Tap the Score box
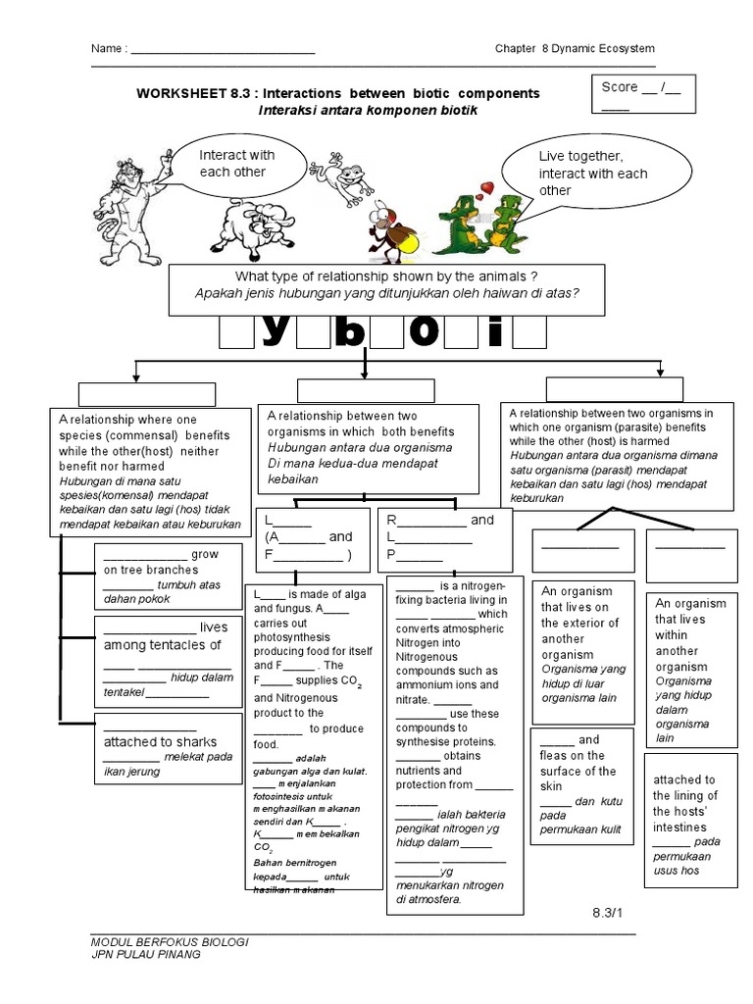(x=640, y=96)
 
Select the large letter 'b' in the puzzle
(x=348, y=332)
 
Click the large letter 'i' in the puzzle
(x=494, y=332)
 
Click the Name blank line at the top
(x=223, y=50)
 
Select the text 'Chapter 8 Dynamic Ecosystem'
(x=575, y=49)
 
